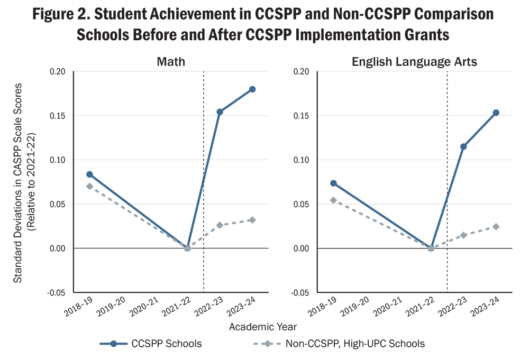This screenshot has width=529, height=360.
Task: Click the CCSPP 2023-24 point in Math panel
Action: click(252, 89)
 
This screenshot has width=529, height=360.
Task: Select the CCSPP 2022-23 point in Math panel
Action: click(220, 112)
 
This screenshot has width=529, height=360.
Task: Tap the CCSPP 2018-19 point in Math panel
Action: click(89, 174)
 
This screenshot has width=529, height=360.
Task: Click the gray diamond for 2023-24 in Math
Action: click(252, 220)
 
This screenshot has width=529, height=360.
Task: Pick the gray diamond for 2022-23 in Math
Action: click(220, 225)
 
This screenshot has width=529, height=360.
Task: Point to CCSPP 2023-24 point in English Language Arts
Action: click(496, 113)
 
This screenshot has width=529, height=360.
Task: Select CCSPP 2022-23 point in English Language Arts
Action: click(463, 146)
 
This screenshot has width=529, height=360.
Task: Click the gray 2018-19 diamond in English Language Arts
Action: click(333, 200)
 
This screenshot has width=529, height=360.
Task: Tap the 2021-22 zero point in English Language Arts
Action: click(431, 248)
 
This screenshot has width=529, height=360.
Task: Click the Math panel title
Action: click(171, 62)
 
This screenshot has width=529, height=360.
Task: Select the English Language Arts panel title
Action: click(414, 62)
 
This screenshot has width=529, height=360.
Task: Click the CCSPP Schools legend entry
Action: click(151, 344)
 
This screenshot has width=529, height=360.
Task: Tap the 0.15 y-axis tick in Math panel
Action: click(57, 116)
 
